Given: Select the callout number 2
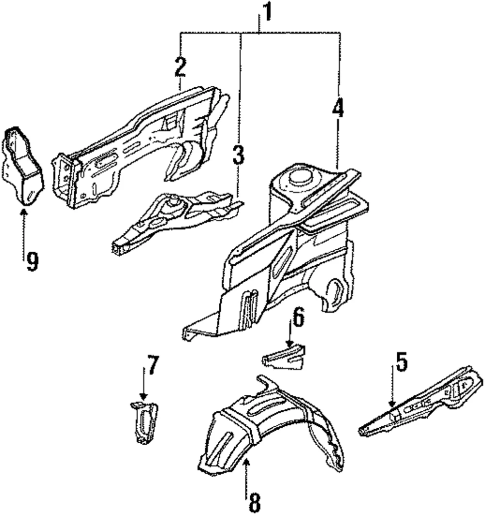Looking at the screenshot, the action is click(x=180, y=67).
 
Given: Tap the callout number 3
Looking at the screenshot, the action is click(x=239, y=155).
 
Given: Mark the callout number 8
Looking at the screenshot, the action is click(x=254, y=503).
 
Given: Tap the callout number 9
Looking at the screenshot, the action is click(x=32, y=261).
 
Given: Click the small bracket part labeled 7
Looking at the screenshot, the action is click(x=144, y=422).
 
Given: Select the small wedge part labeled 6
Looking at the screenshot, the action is click(x=284, y=357).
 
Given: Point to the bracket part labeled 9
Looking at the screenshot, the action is click(x=23, y=166).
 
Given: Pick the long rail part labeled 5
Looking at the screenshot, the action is click(x=421, y=402).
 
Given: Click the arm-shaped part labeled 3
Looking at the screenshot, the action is click(x=175, y=217).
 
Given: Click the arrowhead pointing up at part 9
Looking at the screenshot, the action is click(x=24, y=211).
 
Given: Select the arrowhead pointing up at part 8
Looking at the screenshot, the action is click(x=246, y=463).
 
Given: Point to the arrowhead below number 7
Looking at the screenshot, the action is click(x=144, y=396).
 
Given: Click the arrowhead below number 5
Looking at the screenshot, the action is click(x=391, y=404).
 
